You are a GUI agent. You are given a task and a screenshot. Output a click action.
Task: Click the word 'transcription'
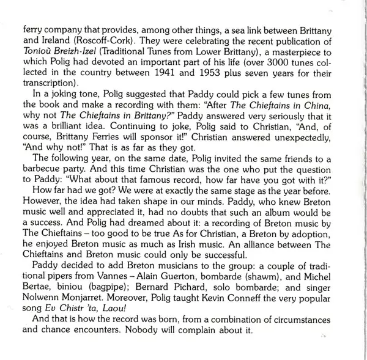pos(52,84)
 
